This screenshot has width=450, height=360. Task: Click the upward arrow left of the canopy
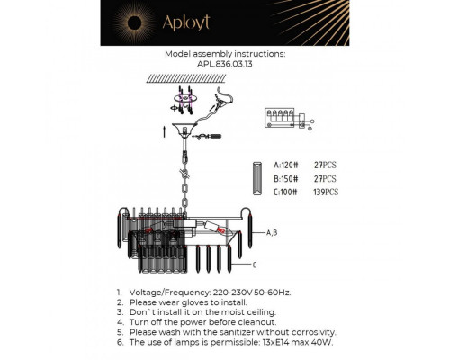[162, 130]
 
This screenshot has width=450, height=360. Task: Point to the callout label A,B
[273, 232]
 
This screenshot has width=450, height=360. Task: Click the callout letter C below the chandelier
[256, 265]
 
